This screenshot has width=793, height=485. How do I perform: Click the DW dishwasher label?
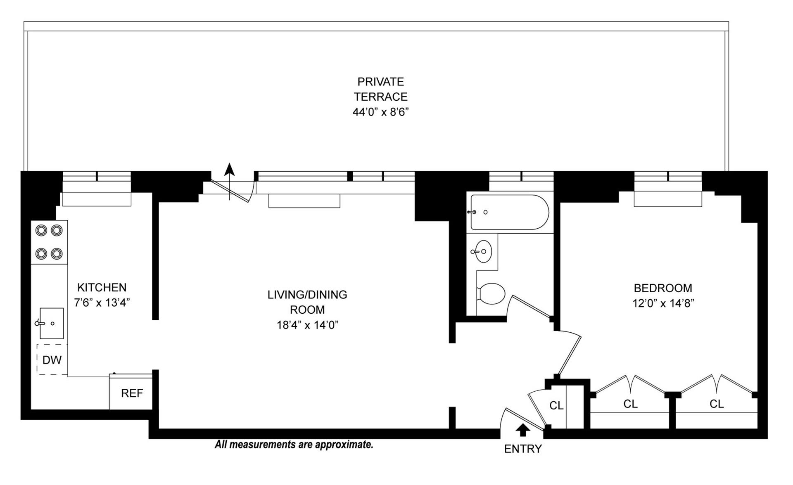pos(52,360)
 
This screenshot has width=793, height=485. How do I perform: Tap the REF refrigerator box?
pos(132,393)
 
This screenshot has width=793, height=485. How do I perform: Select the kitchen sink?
pos(52,323)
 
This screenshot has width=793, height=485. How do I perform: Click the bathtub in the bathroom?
pos(510,212)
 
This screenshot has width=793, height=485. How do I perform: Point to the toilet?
pos(491,293)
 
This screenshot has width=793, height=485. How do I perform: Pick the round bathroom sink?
pos(483,251)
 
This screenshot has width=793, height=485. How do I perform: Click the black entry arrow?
pos(523,431)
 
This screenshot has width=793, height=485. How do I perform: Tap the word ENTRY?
pos(523,449)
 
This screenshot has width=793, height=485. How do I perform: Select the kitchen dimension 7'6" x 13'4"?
pos(102,303)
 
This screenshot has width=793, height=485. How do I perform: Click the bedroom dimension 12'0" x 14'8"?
pos(662,303)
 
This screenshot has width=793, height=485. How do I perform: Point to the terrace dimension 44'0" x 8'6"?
pos(380,112)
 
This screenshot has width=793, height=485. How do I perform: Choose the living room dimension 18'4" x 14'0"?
pos(307,325)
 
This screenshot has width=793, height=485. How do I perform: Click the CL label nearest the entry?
pos(556,406)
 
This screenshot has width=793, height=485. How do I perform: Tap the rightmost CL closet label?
pos(717,404)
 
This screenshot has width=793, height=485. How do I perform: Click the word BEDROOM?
pos(662,288)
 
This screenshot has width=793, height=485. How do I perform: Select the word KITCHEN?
pos(102,287)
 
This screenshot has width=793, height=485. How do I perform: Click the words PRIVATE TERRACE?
pos(380,89)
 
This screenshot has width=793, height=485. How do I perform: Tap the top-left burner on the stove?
pos(41,230)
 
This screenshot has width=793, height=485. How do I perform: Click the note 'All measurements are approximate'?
pos(294,445)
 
